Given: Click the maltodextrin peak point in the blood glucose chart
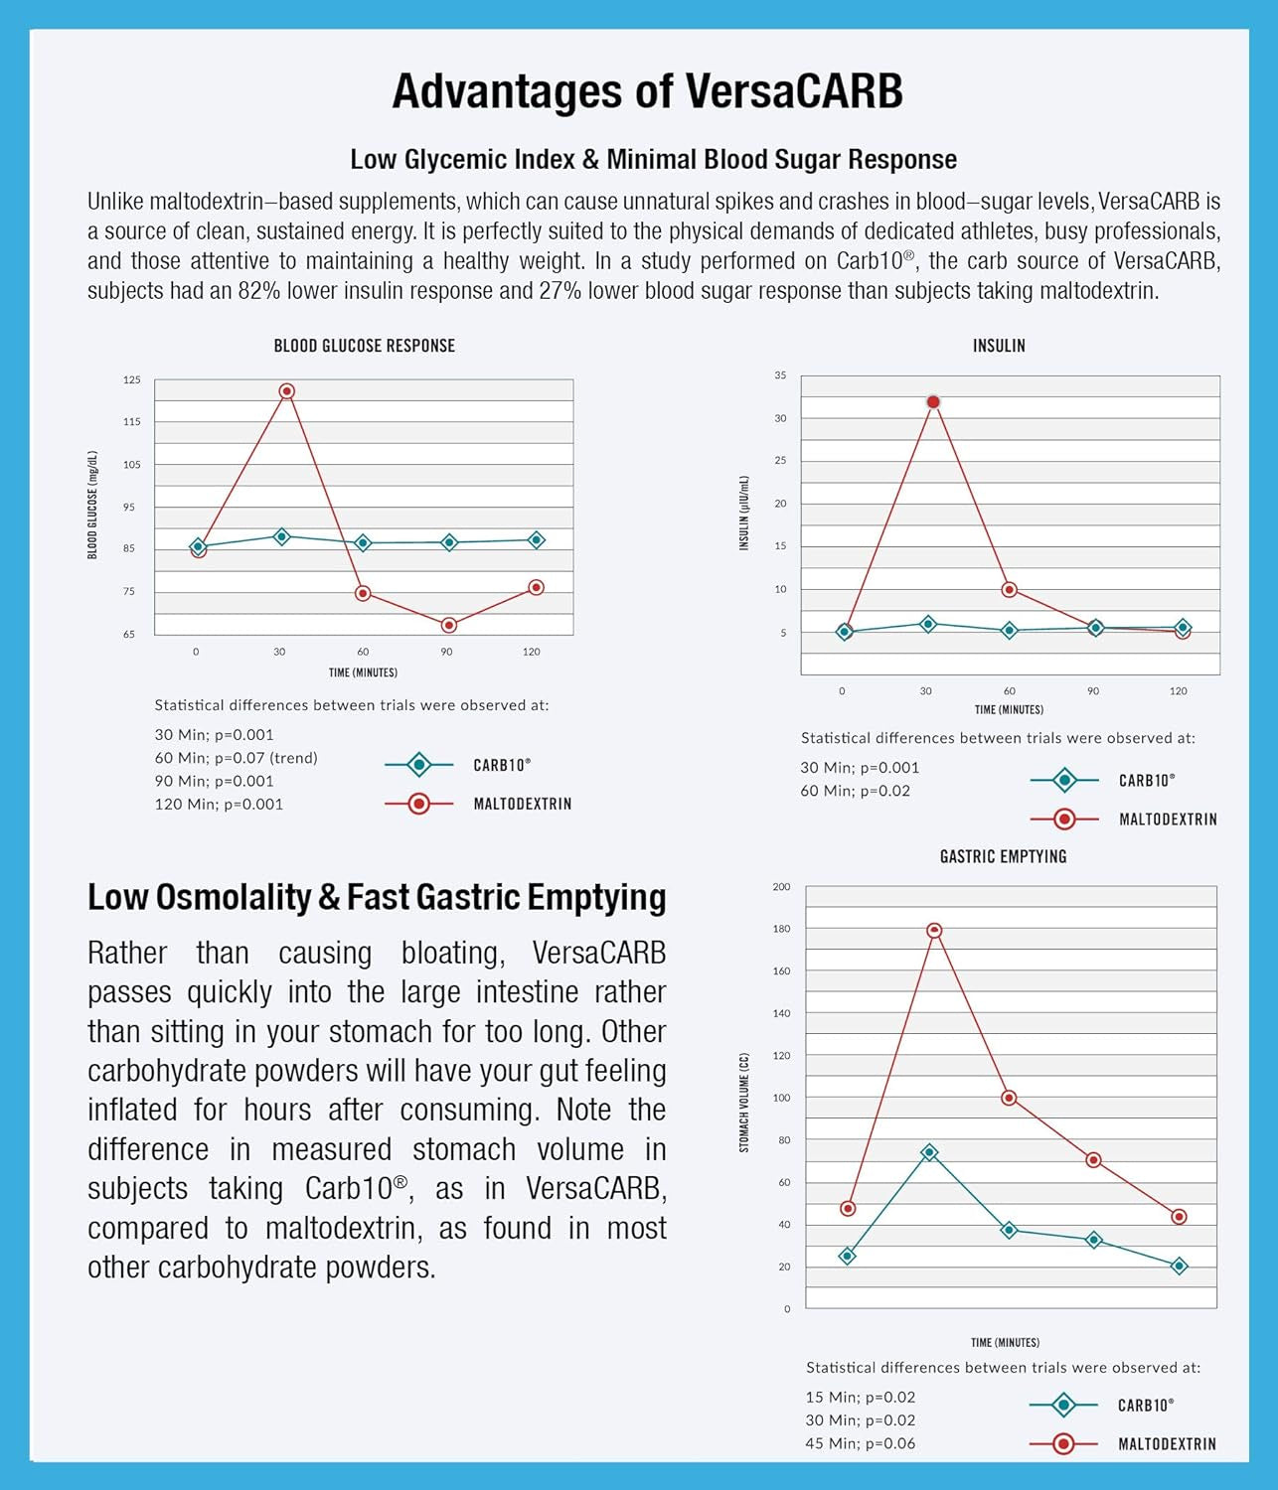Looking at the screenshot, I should (x=286, y=391).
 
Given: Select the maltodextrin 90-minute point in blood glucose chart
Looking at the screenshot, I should (x=448, y=625).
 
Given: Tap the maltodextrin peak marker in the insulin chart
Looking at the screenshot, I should (x=932, y=402).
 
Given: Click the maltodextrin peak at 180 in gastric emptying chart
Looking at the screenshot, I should (x=934, y=931).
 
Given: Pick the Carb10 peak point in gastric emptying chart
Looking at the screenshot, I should (x=929, y=1152).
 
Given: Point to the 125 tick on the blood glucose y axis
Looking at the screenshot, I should (x=132, y=379).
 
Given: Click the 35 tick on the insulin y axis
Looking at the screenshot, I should (x=780, y=375).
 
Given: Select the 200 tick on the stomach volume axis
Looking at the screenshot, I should (x=782, y=887).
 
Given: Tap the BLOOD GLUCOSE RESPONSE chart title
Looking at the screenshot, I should (x=364, y=346).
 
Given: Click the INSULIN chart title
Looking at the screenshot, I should (x=999, y=346).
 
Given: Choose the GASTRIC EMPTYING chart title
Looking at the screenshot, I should (x=1003, y=856).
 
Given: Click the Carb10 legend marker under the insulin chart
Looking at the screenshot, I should (x=1064, y=781).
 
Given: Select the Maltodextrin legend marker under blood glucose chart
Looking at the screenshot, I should (x=418, y=804).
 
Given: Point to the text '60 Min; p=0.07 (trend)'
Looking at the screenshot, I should (x=236, y=758).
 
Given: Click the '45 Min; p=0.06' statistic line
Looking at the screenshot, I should (x=860, y=1443).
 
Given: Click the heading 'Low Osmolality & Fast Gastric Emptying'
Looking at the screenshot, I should (x=377, y=897).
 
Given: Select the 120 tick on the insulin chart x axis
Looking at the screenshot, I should (x=1178, y=691).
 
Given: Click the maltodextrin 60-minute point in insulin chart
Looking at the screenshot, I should (x=1010, y=590).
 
